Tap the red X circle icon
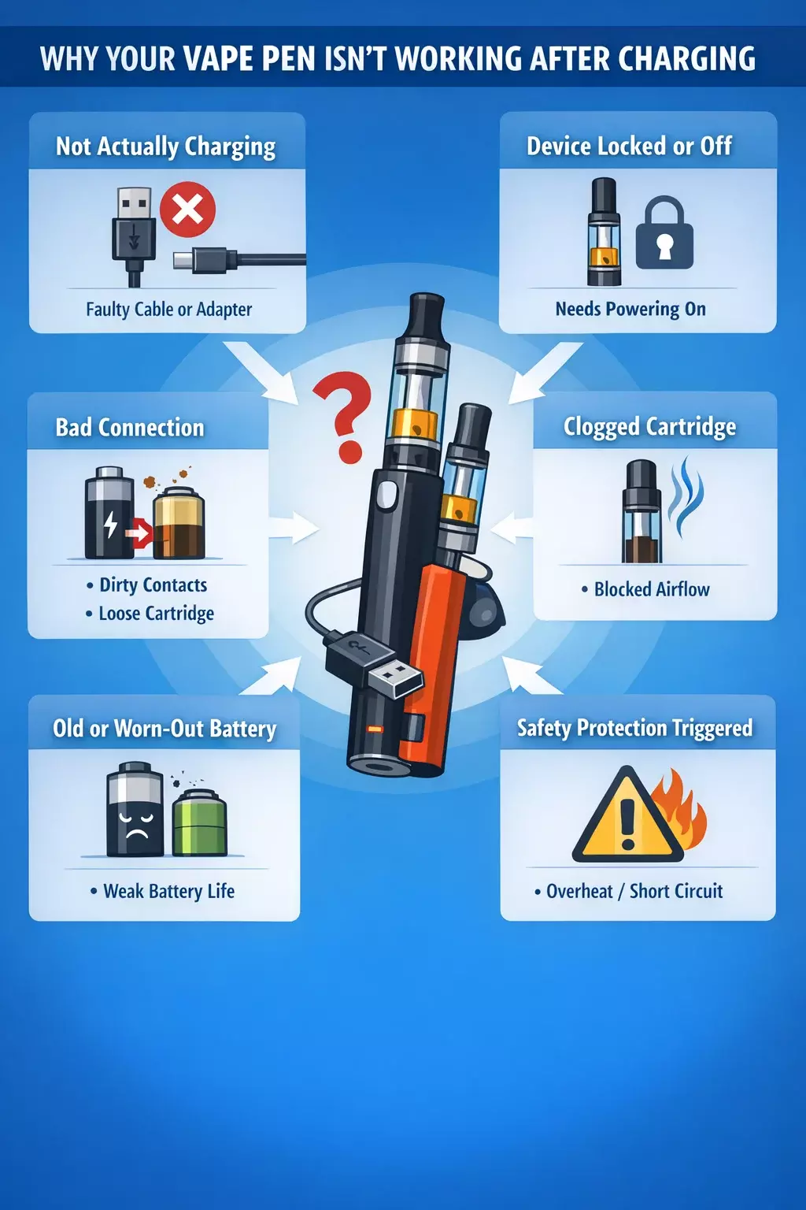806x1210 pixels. [188, 209]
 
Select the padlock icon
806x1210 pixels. [664, 233]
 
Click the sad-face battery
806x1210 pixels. [135, 809]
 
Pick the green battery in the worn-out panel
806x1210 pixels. [200, 822]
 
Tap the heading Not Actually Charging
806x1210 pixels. [166, 147]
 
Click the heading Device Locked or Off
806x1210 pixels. [630, 147]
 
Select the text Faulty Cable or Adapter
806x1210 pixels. [169, 310]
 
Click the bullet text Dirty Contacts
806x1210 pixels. [153, 585]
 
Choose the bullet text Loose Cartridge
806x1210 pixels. [157, 614]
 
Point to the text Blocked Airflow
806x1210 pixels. [653, 589]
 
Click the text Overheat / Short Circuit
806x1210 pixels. [634, 891]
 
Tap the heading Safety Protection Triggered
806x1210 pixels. [635, 728]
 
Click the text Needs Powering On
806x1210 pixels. [630, 309]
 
